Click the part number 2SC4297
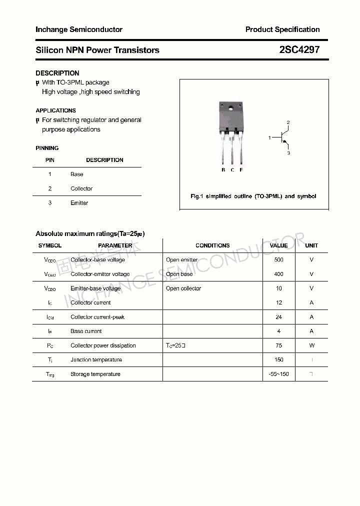[x=299, y=50]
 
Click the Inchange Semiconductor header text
[x=79, y=29]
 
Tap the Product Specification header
[x=282, y=29]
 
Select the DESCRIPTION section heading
[x=57, y=73]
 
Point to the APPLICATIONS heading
[x=55, y=110]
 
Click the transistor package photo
[x=231, y=132]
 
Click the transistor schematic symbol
[x=283, y=137]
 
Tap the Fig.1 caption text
[x=253, y=196]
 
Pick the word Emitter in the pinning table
[x=79, y=203]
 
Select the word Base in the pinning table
[x=76, y=174]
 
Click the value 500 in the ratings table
[x=278, y=260]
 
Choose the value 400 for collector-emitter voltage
[x=278, y=274]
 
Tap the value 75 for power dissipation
[x=278, y=345]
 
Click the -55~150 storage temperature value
[x=278, y=374]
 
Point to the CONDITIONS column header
[x=212, y=245]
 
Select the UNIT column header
[x=311, y=245]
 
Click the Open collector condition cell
[x=183, y=288]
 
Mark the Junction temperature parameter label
[x=96, y=360]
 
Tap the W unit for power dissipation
[x=311, y=345]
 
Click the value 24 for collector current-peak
[x=278, y=317]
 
